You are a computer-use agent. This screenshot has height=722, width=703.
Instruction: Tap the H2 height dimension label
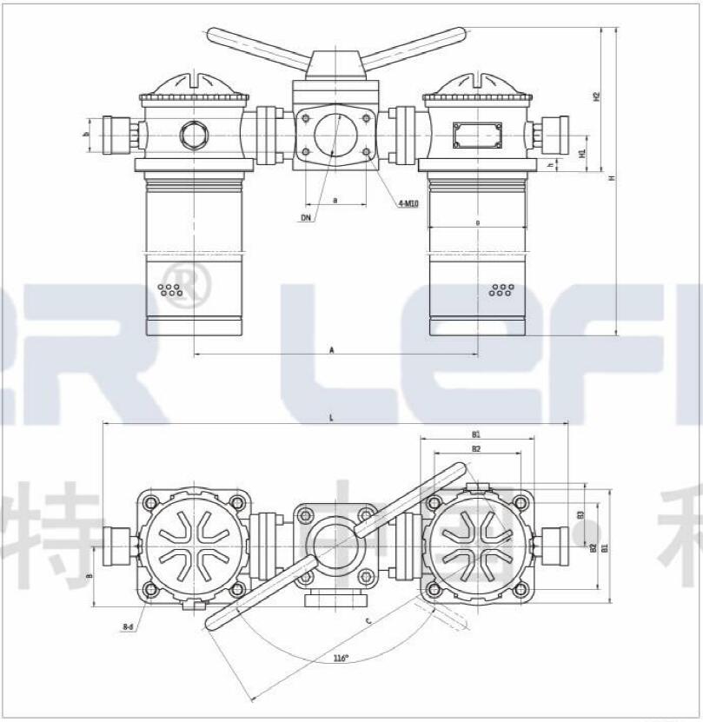click(x=596, y=96)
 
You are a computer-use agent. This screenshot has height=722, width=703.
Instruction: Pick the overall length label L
click(x=331, y=418)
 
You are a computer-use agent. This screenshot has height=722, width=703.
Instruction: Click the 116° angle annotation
click(x=342, y=658)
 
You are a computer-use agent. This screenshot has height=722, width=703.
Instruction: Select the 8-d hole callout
click(x=128, y=626)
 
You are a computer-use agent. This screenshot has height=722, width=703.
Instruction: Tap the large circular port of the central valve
click(x=335, y=136)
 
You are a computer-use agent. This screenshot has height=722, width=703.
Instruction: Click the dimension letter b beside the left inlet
click(x=86, y=135)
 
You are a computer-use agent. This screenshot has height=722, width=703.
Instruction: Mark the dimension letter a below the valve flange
click(x=335, y=200)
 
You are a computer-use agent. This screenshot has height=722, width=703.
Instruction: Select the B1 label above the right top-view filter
click(x=476, y=434)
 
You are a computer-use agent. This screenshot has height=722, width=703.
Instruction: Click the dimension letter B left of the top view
click(x=90, y=575)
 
